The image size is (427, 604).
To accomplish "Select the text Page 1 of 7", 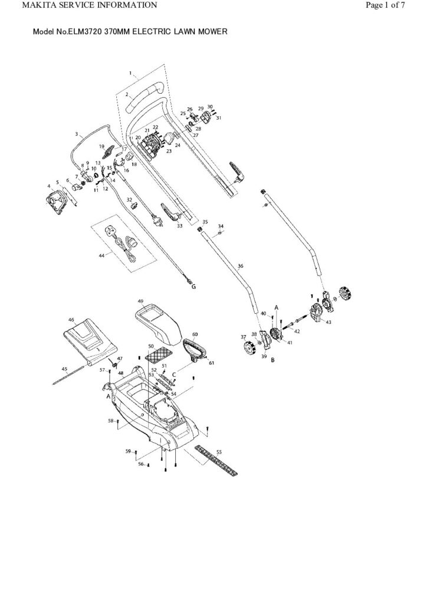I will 385,6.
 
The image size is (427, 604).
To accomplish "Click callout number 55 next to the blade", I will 219,451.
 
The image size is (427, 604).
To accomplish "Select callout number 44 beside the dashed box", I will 101,255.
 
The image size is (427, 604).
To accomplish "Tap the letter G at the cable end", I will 193,287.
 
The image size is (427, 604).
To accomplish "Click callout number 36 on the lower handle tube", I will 240,266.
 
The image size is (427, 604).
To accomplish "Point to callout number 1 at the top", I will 130,73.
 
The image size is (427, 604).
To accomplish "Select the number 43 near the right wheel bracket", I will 329,321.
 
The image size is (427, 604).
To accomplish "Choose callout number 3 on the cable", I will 77,134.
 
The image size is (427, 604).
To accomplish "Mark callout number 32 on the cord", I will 129,199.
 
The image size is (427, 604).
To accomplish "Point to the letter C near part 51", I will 175,374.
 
